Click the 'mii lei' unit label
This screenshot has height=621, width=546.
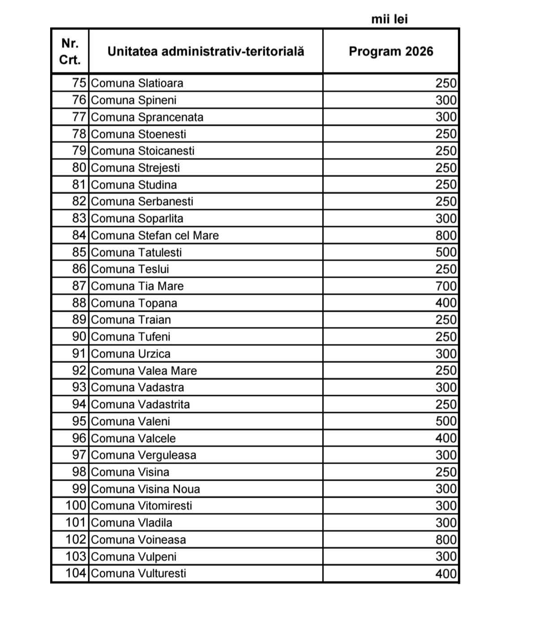tap(389, 19)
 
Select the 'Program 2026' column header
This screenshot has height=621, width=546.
tap(391, 51)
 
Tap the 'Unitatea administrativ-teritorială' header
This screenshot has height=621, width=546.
tap(205, 51)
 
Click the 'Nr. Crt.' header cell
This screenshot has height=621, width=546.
tap(70, 51)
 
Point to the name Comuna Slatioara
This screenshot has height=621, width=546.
tap(137, 83)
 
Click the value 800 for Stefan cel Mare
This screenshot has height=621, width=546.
tap(446, 235)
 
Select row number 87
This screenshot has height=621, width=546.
tap(79, 286)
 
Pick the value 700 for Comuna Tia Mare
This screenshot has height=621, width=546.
tap(446, 286)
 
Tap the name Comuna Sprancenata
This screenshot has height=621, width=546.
tap(147, 117)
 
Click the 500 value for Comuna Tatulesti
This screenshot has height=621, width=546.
tap(446, 252)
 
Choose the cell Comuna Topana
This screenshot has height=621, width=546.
tap(134, 303)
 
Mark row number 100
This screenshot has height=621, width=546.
tap(76, 505)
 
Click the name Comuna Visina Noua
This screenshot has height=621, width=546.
tap(145, 489)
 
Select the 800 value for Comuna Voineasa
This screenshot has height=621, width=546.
tap(446, 539)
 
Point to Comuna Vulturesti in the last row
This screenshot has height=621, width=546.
tap(138, 573)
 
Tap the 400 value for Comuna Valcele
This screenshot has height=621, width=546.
tap(446, 438)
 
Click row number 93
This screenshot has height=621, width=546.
tap(79, 387)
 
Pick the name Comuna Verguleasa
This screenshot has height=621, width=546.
tap(144, 455)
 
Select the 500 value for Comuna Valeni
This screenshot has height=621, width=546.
tap(446, 421)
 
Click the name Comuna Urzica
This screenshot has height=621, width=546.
tap(131, 354)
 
